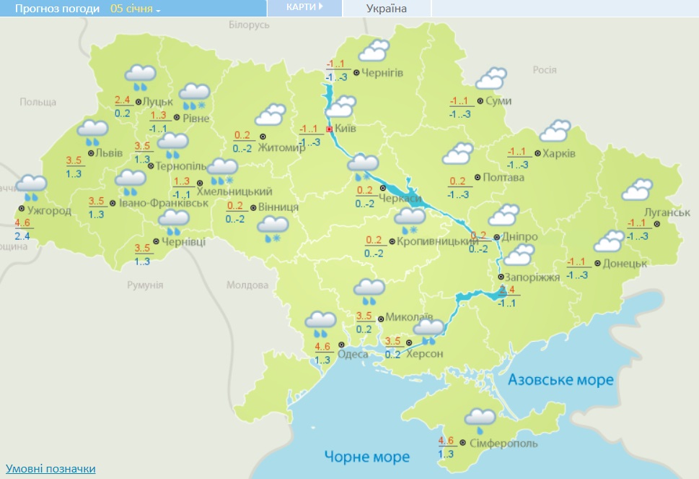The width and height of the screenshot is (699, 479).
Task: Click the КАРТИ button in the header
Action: click(x=304, y=7)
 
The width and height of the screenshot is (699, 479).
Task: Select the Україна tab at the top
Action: click(x=387, y=9)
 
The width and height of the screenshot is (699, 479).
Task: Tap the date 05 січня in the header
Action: click(x=136, y=9)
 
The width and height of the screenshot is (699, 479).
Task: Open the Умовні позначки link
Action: click(x=50, y=469)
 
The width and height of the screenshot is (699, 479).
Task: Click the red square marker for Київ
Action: click(x=330, y=129)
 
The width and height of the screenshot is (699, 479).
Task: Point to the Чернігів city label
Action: click(x=382, y=73)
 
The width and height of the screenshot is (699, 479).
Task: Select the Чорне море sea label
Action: click(x=366, y=457)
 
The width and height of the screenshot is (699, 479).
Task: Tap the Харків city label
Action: click(x=560, y=154)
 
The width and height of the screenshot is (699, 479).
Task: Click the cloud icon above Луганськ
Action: click(x=638, y=189)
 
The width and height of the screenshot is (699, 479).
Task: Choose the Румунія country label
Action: click(x=145, y=285)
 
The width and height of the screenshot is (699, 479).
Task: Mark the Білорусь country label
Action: click(x=248, y=25)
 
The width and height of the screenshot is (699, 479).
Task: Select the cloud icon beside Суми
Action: click(x=491, y=78)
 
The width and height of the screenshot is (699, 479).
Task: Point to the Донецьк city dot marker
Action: click(x=599, y=264)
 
